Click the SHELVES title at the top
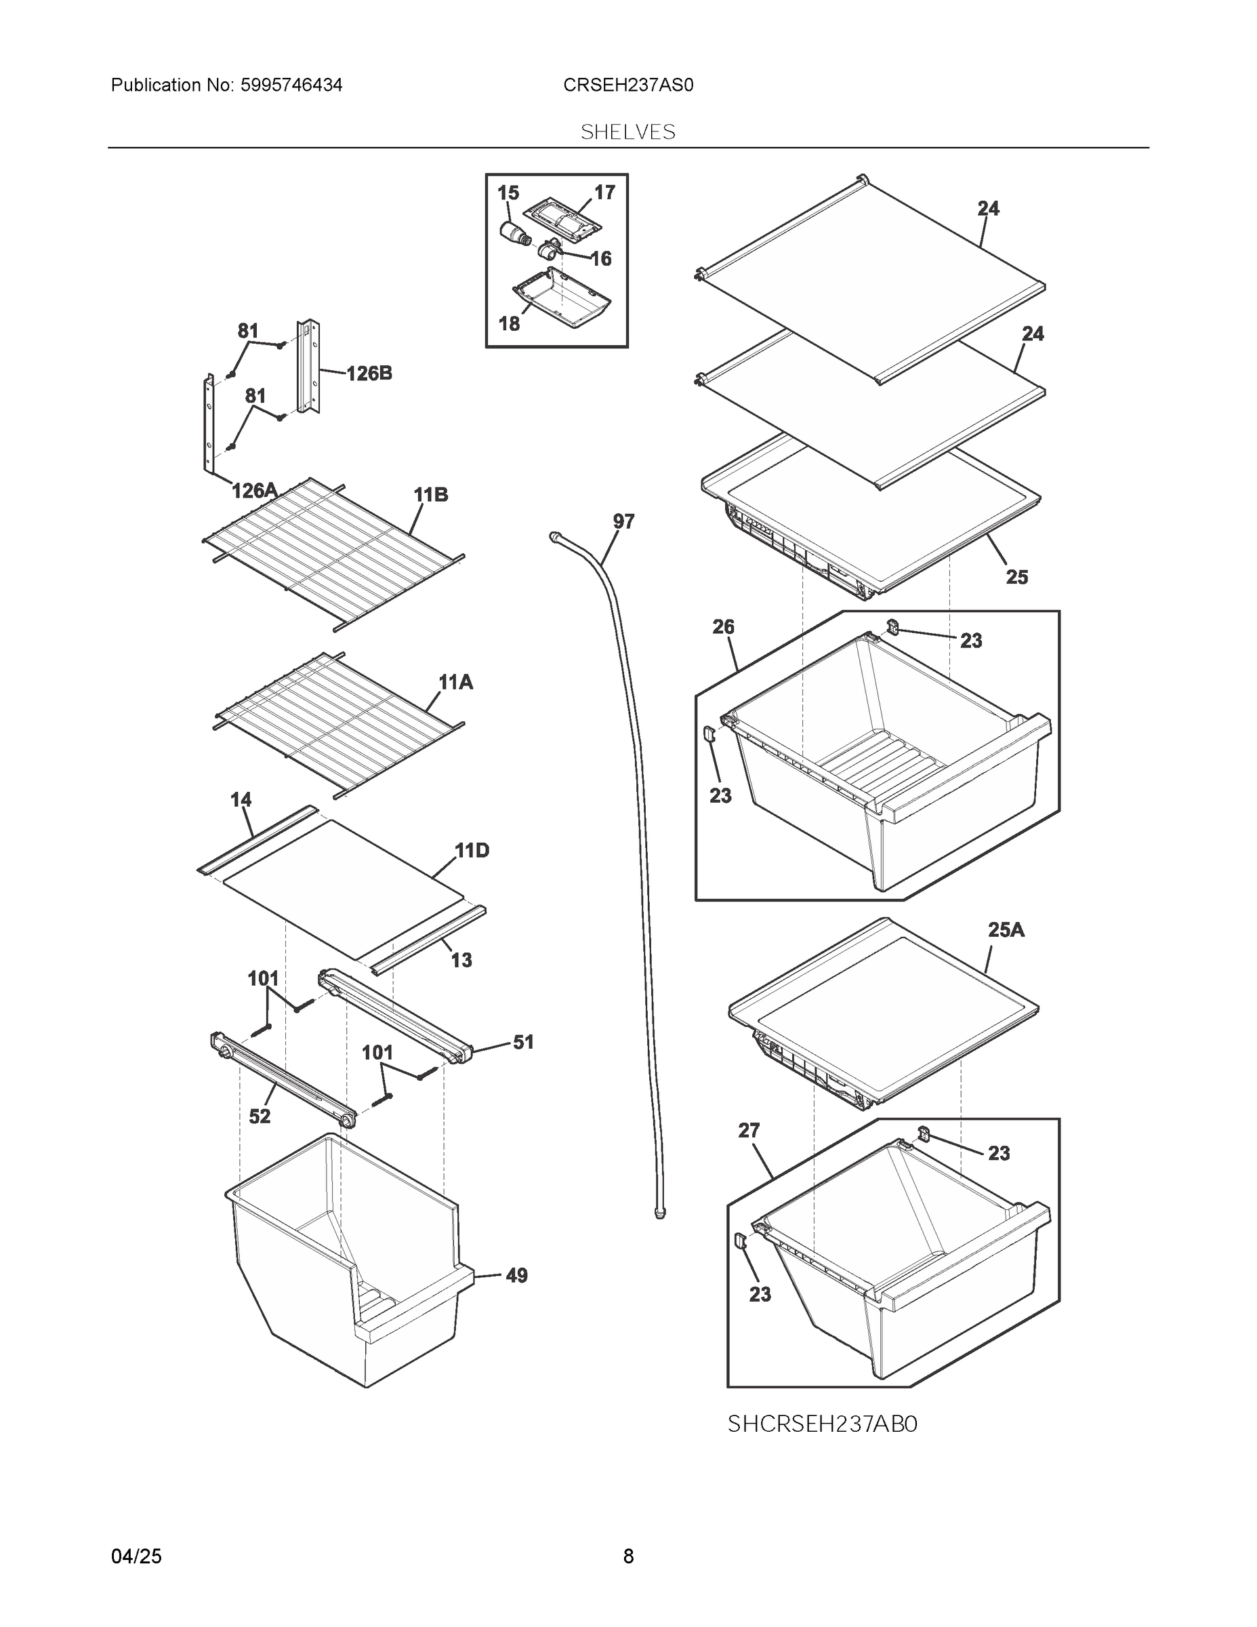[627, 132]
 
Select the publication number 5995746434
[291, 85]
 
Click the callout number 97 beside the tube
[623, 521]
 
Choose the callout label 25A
[1006, 929]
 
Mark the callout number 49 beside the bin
[516, 1275]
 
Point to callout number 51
[524, 1042]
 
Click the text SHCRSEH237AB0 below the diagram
[822, 1424]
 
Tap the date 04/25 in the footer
[136, 1556]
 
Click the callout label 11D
[472, 850]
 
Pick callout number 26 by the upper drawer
[723, 626]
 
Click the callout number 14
[241, 799]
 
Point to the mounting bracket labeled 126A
[209, 424]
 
